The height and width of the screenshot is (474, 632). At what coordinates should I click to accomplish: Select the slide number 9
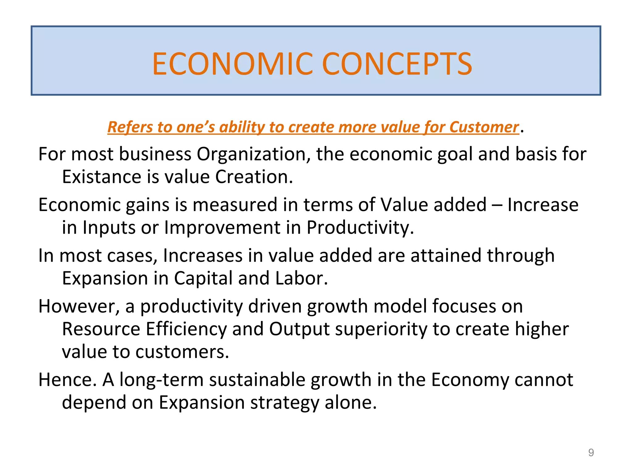point(591,452)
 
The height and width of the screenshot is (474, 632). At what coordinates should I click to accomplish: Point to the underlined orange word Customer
point(484,127)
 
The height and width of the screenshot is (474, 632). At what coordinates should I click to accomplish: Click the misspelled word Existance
point(101,177)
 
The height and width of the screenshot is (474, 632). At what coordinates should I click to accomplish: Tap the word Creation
point(254,177)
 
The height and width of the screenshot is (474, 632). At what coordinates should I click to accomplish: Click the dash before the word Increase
point(497,205)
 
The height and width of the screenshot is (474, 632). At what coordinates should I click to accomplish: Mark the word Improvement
point(222,227)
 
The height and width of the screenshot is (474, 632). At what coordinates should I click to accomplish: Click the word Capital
point(203,278)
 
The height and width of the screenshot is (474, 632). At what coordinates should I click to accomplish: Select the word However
point(79,306)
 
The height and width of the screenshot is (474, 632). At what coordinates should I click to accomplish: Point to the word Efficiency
point(186,329)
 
